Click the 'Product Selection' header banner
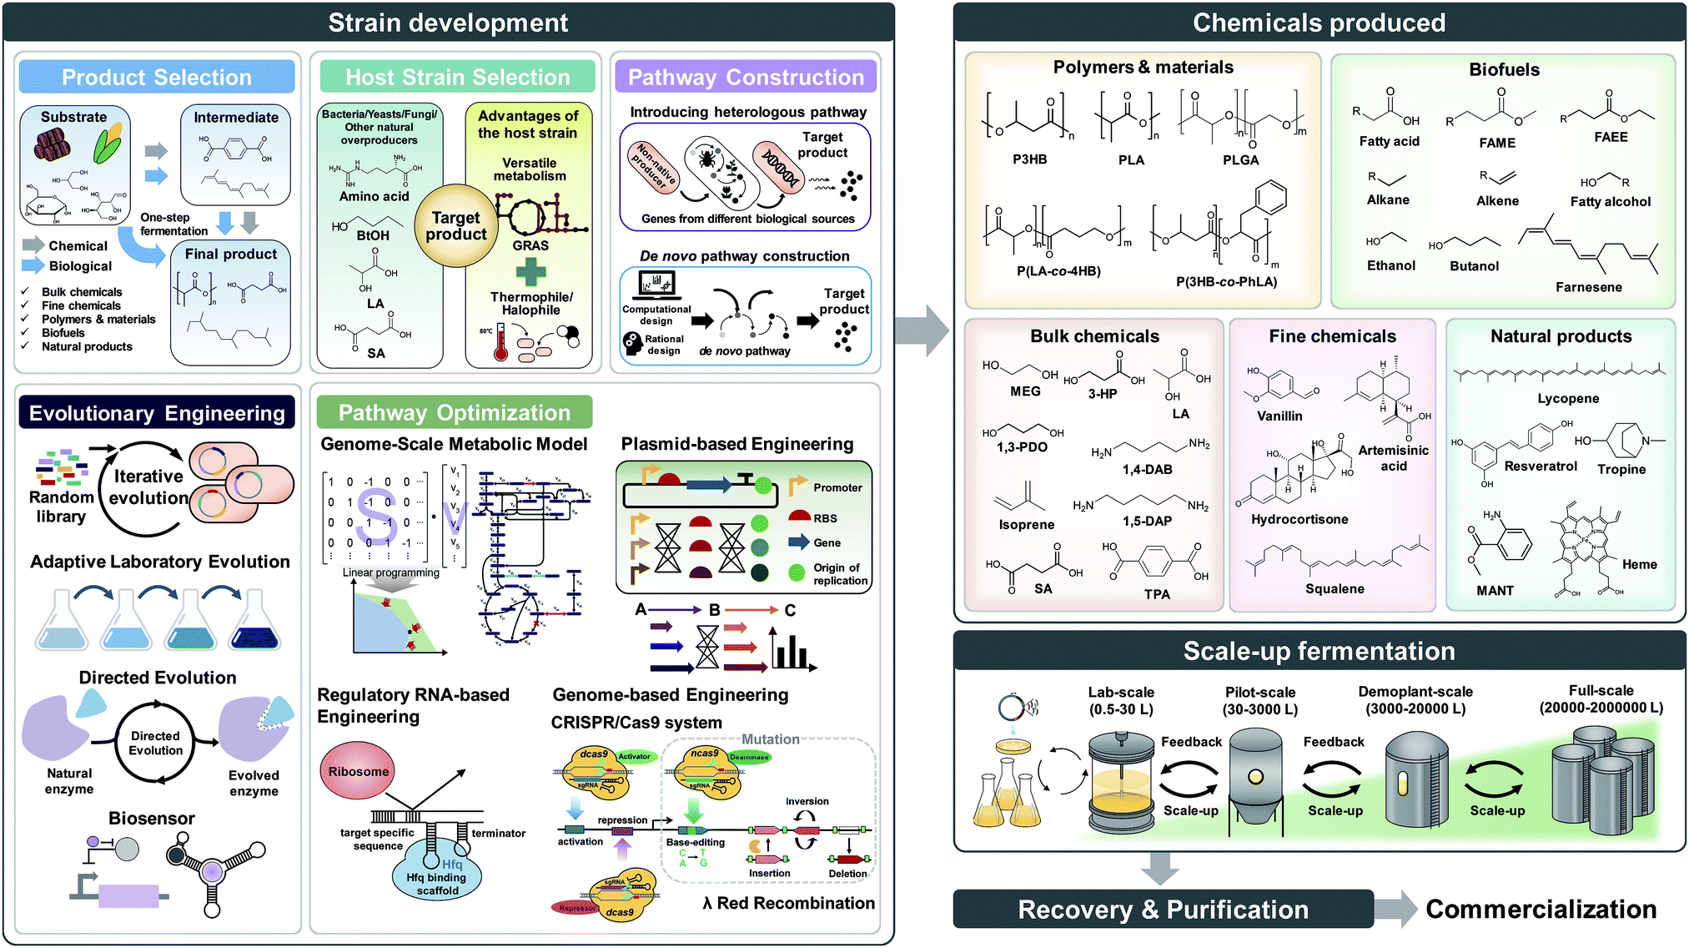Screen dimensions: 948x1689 [157, 77]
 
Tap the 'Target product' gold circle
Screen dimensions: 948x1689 [455, 226]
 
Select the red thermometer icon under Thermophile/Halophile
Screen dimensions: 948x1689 [500, 343]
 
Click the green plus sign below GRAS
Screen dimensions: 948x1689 [530, 272]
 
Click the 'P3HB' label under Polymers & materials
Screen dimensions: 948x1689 [1029, 159]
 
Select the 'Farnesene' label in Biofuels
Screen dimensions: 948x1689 [1588, 287]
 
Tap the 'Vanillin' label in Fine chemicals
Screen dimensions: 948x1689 [1279, 416]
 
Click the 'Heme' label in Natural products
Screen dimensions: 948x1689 [1639, 564]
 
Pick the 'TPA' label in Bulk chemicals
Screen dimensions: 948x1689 [1156, 594]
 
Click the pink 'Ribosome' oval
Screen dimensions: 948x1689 [358, 772]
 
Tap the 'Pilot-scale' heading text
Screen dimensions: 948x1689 [1259, 692]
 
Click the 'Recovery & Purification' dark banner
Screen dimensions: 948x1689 [1163, 910]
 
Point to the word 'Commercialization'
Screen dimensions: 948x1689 [1541, 909]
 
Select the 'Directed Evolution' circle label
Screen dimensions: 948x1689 [155, 743]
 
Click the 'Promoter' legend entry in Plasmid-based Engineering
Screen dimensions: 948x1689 [837, 487]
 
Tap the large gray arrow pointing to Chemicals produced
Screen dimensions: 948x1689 [922, 330]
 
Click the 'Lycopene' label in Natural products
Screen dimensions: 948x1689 [1567, 399]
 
